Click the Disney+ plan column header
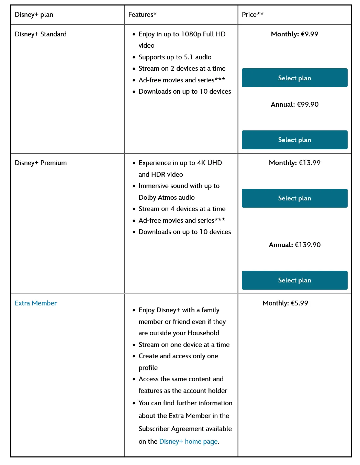point(34,15)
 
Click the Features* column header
point(142,15)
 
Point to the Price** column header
point(252,15)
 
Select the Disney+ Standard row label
point(41,34)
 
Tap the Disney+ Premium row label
point(41,163)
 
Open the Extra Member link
point(36,303)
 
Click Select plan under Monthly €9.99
point(294,78)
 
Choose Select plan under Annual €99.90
point(294,140)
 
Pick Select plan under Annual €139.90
point(294,280)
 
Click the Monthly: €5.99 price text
point(285,303)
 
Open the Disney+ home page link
point(188,442)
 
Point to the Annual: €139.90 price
point(294,245)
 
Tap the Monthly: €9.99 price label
point(294,34)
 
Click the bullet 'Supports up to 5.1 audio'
point(175,57)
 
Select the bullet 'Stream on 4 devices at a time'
point(182,209)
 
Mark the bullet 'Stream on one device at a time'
point(184,345)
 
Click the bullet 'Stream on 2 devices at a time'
point(182,69)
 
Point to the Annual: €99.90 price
point(294,105)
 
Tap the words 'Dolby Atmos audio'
point(167,198)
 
